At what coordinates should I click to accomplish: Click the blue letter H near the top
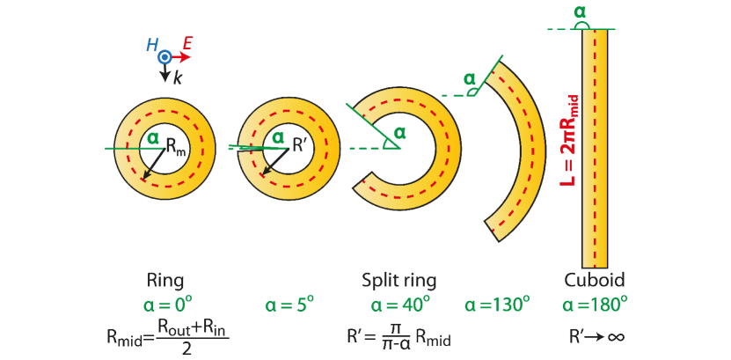[152, 44]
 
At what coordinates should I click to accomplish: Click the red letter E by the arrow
[187, 42]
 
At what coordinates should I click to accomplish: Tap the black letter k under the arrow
[178, 78]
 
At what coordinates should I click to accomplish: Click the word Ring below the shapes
[164, 281]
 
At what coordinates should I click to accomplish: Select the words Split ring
[399, 281]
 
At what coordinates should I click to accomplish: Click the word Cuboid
[595, 281]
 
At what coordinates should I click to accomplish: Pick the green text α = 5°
[289, 305]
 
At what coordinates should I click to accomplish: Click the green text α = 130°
[498, 305]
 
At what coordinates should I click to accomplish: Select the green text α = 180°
[596, 305]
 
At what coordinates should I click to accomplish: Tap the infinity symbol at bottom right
[616, 336]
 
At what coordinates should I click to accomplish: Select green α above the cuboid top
[579, 12]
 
